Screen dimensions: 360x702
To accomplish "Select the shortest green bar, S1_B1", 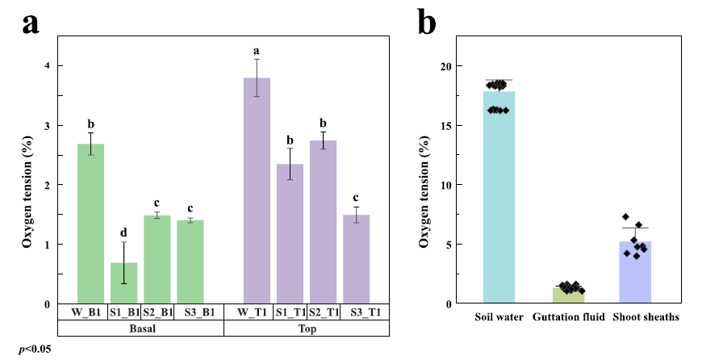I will click(124, 283).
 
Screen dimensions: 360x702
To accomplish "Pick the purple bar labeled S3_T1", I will click(356, 259).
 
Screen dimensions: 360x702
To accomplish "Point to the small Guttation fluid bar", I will click(569, 295).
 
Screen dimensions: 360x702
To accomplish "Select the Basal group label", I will click(140, 329).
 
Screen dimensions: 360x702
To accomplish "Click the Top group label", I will click(306, 329).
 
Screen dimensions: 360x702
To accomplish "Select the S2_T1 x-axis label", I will click(323, 312).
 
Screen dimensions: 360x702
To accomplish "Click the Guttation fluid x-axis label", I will click(569, 317).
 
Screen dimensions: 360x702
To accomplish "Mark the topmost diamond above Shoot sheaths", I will click(625, 217).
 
